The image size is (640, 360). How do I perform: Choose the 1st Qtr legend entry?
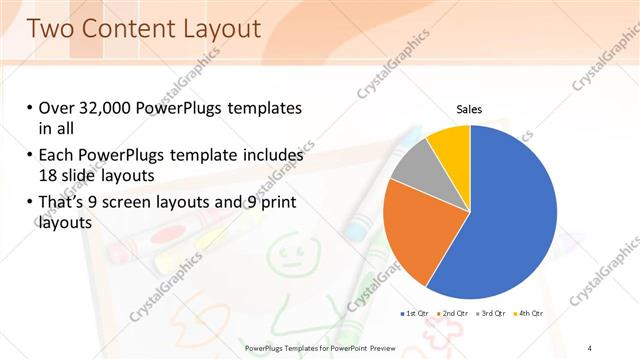click(414, 313)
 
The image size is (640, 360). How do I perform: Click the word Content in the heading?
click(121, 29)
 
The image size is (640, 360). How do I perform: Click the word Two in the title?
click(50, 29)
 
